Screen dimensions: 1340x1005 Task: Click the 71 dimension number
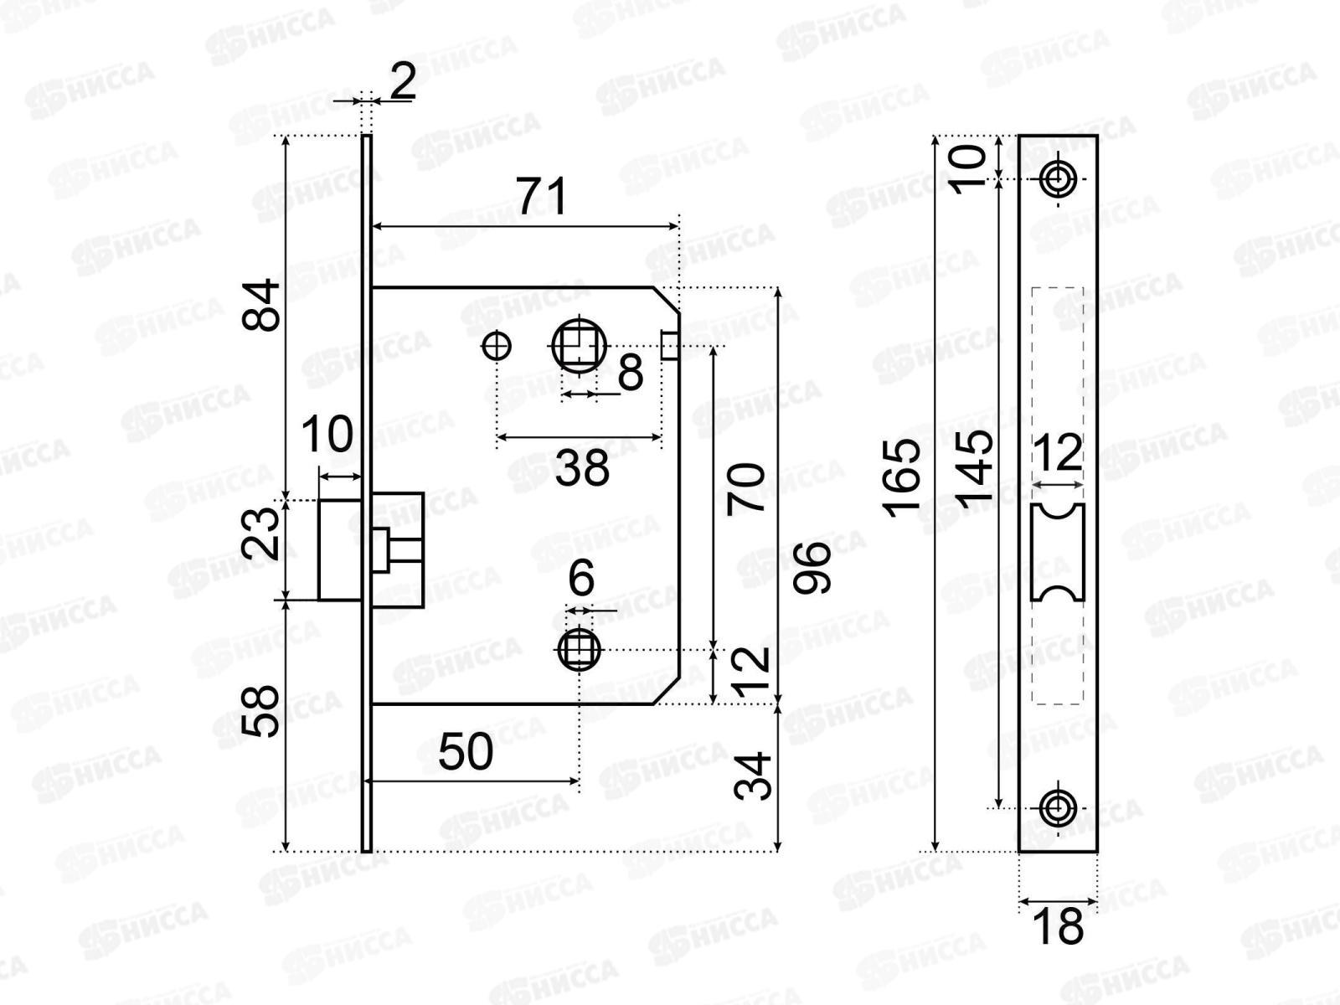(542, 197)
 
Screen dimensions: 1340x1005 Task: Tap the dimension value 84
(260, 305)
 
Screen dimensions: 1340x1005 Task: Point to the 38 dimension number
(582, 468)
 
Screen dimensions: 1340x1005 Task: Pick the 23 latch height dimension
(260, 533)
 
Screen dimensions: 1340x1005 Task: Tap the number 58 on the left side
(260, 712)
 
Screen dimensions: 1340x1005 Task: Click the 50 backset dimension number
(466, 752)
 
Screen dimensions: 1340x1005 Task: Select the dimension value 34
(753, 776)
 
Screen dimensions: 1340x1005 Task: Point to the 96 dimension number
(812, 568)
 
